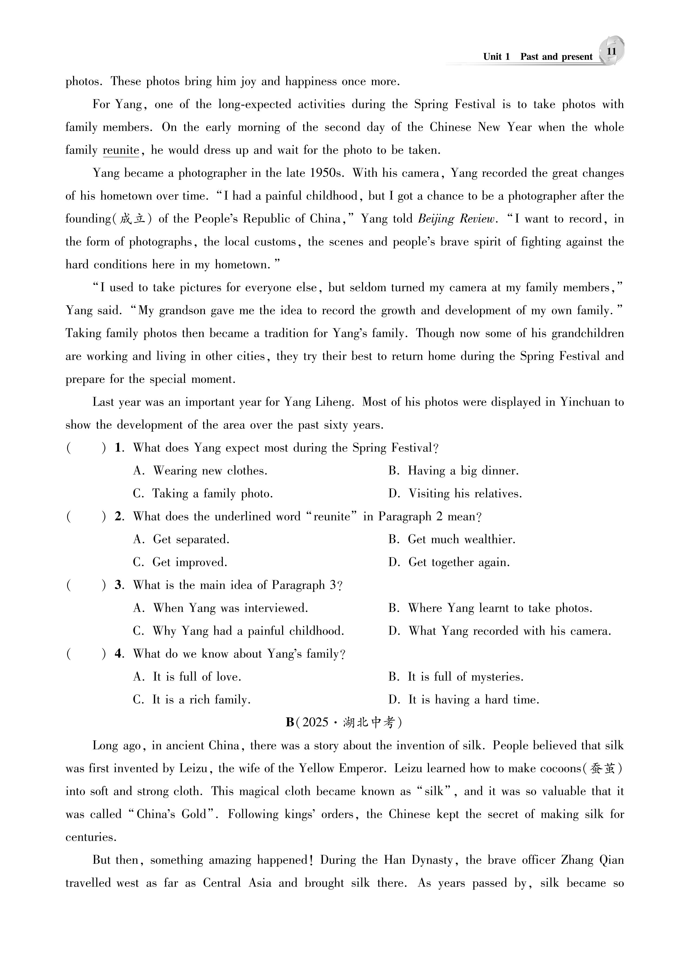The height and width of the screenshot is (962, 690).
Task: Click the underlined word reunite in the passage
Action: (121, 150)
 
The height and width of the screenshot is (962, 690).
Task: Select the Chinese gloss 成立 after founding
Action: (133, 219)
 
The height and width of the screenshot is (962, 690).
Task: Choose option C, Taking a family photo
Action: (203, 494)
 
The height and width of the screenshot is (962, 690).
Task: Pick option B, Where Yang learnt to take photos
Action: (490, 608)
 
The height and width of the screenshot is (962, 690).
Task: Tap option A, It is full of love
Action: (187, 677)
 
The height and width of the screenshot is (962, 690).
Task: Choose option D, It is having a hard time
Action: (464, 700)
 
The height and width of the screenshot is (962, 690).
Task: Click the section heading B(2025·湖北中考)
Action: (344, 722)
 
